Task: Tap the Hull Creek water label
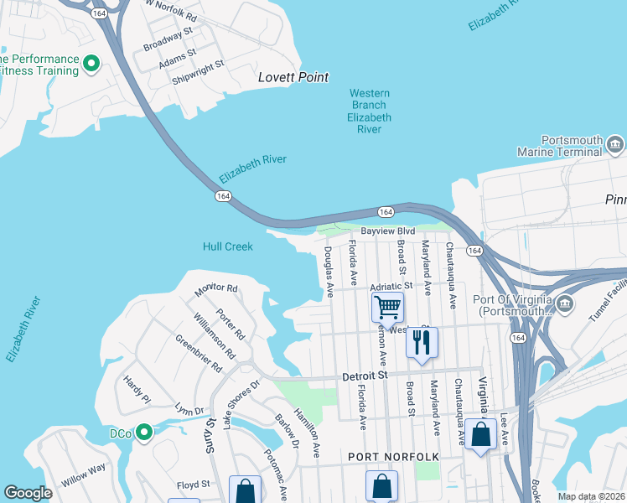[228, 246]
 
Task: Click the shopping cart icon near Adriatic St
[387, 308]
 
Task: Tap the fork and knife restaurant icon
[422, 343]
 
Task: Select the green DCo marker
[143, 433]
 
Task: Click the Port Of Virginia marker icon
[565, 302]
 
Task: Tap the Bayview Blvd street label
[388, 231]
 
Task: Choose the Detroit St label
[365, 377]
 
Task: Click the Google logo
[28, 493]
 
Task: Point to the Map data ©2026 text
[590, 496]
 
